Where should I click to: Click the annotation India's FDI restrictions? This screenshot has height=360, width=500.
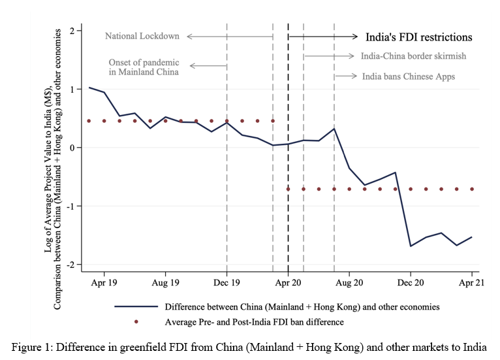418,37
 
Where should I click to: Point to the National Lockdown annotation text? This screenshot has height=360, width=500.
142,36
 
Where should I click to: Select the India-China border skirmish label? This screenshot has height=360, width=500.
413,56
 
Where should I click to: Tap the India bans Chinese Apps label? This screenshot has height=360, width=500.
409,76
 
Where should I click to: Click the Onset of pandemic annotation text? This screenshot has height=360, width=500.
144,67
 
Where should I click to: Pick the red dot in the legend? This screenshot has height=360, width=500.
136,321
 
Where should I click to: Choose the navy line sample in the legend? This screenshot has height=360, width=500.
136,306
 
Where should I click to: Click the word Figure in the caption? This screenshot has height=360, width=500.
27,347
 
